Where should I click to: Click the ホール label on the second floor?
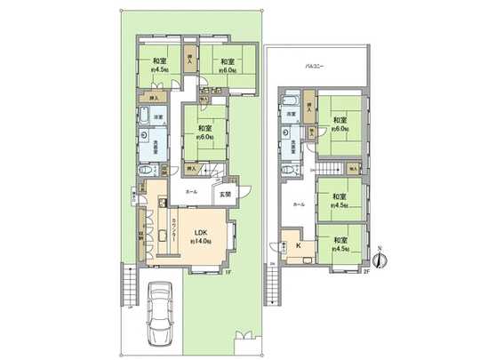pos(300,204)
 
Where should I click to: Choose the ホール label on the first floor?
pos(192,192)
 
